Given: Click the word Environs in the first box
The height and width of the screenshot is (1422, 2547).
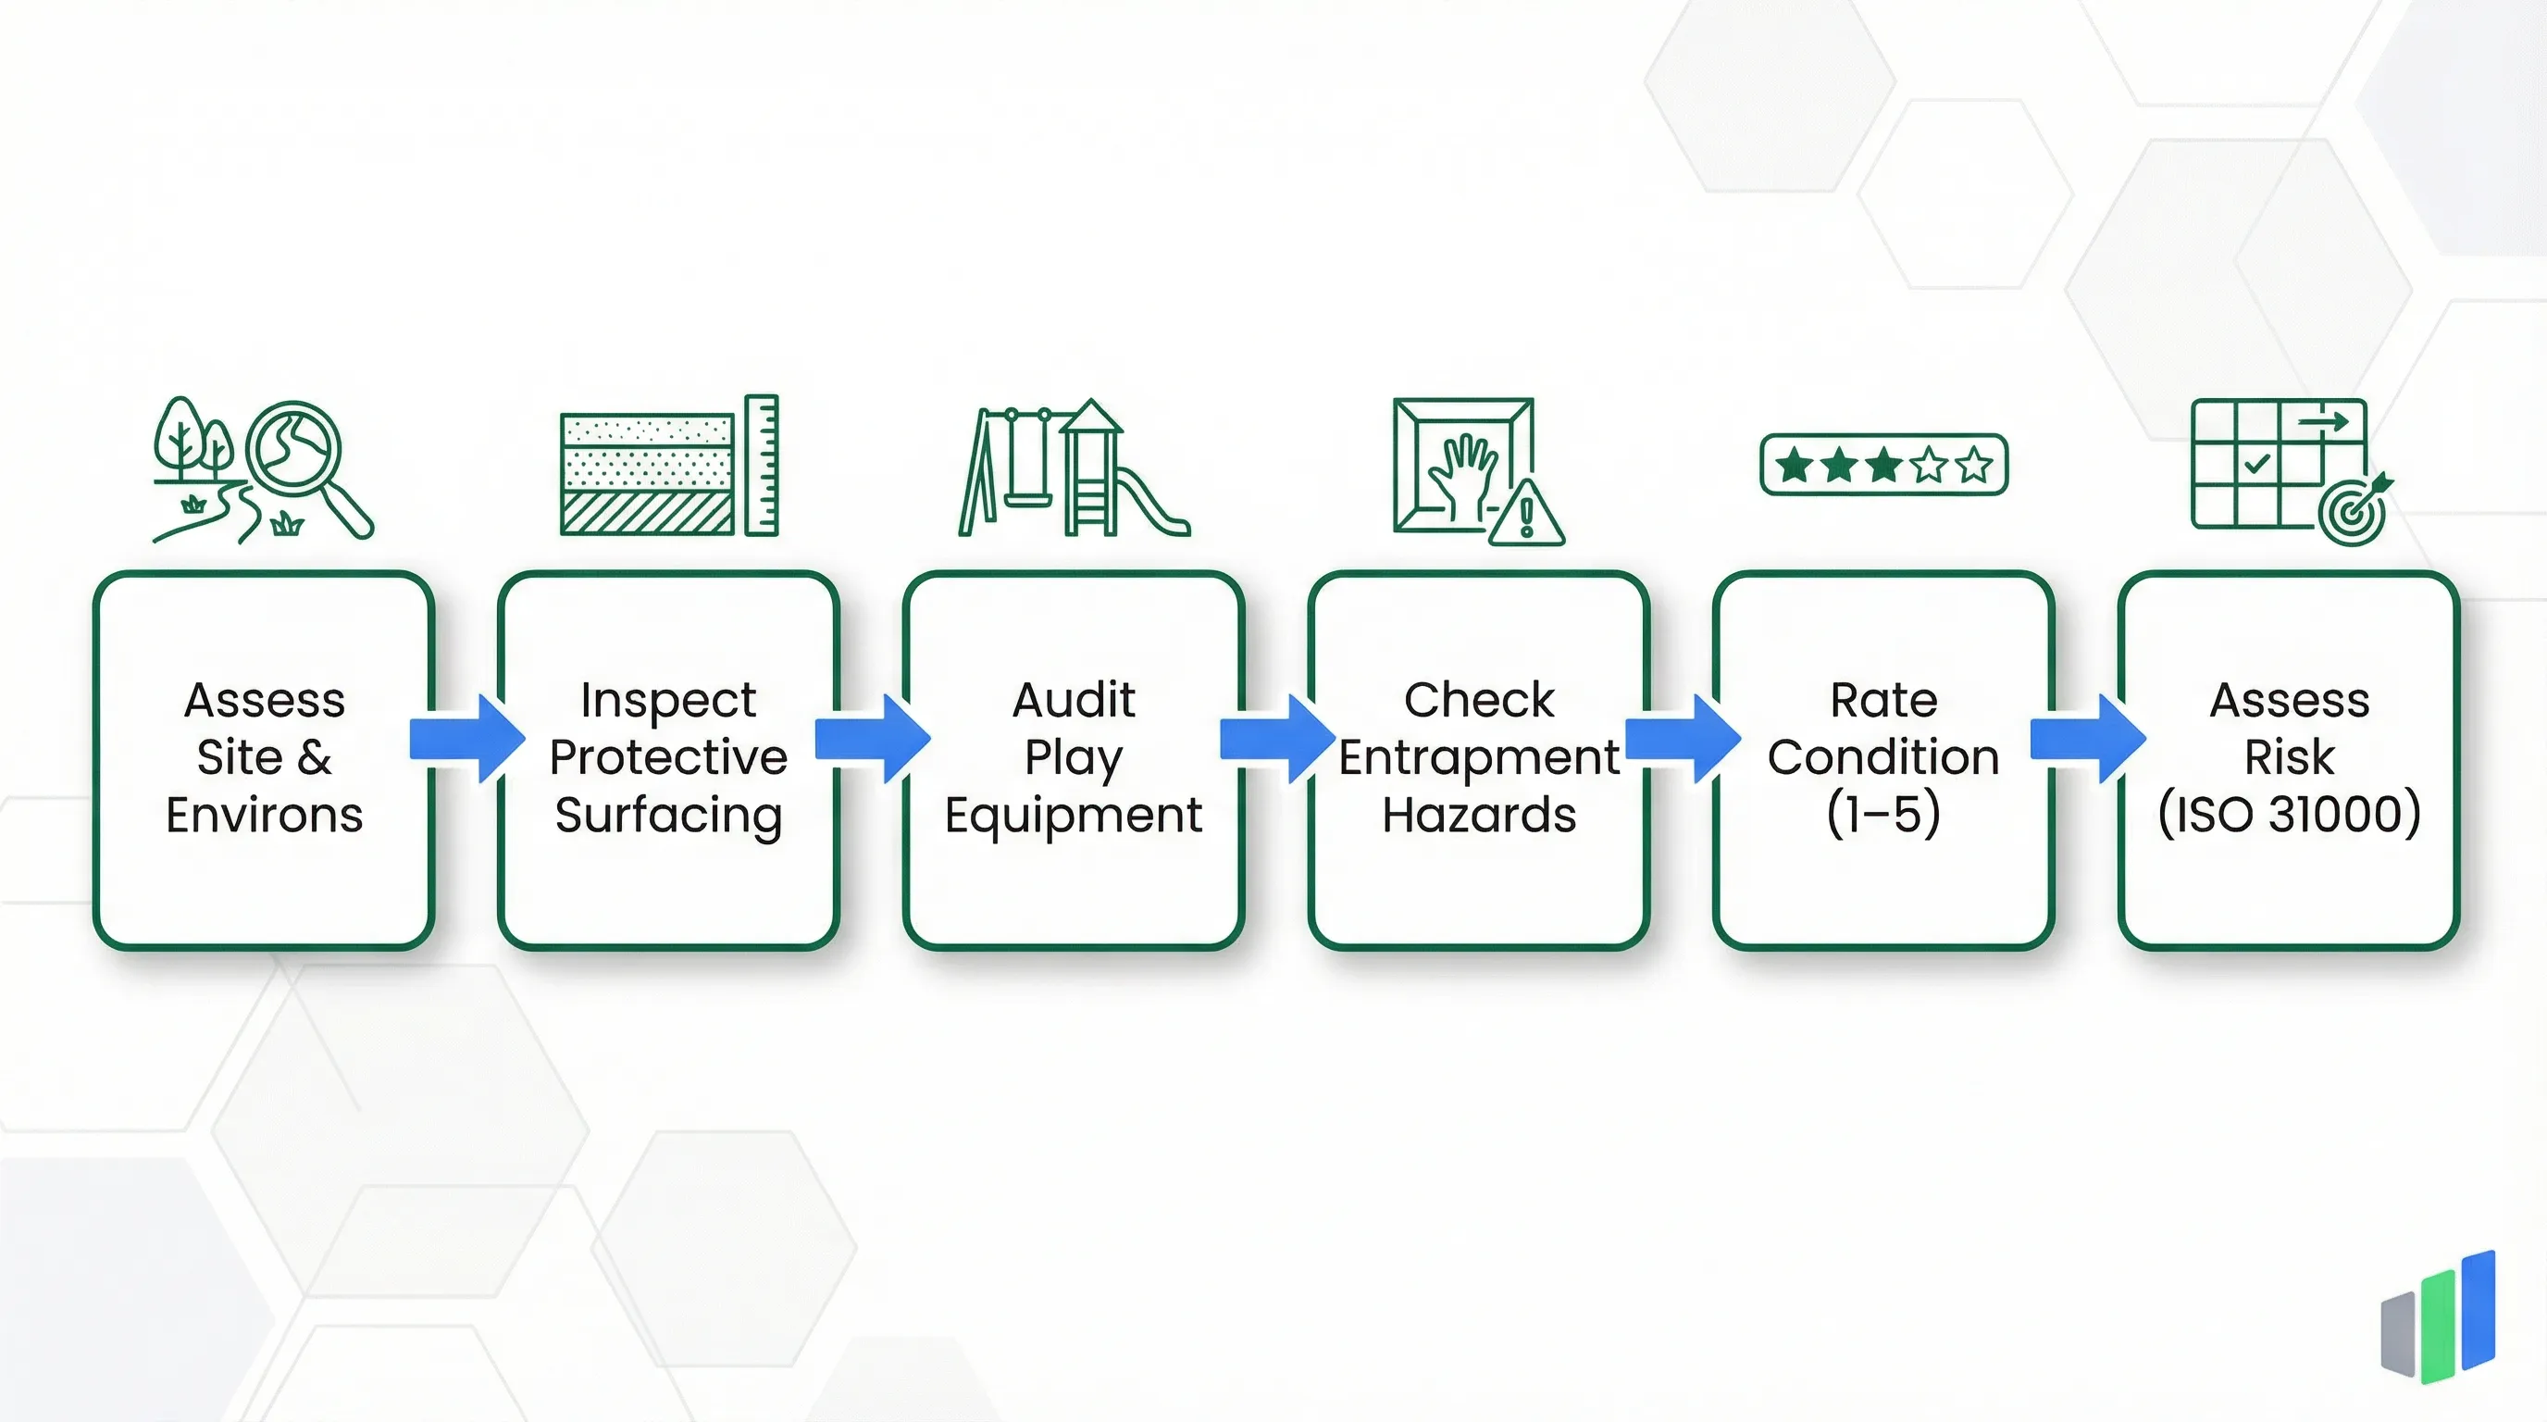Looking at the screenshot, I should tap(264, 816).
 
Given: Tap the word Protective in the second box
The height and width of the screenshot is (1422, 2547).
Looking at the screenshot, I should tap(668, 758).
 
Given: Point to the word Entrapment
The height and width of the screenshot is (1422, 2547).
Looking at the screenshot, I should tap(1478, 758).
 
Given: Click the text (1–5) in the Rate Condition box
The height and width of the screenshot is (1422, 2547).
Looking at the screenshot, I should tap(1882, 815).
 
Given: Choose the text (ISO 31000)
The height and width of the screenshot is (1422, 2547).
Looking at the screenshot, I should tap(2288, 815).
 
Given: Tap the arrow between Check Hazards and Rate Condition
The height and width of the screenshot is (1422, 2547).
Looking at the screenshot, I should tap(1682, 739).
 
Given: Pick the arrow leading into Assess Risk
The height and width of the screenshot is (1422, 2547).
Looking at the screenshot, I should tap(2087, 739).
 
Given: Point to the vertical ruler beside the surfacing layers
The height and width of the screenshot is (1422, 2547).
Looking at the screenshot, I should tap(762, 465).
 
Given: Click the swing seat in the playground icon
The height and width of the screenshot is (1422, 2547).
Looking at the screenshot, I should tap(1029, 500).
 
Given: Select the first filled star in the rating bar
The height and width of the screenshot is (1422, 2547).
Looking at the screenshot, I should tap(1794, 465).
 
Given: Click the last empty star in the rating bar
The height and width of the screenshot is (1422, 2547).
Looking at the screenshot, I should tap(1973, 465).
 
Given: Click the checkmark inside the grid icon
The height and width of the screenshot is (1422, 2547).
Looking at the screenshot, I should tap(2257, 463).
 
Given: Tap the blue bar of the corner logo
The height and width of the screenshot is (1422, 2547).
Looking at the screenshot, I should tap(2478, 1310).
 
